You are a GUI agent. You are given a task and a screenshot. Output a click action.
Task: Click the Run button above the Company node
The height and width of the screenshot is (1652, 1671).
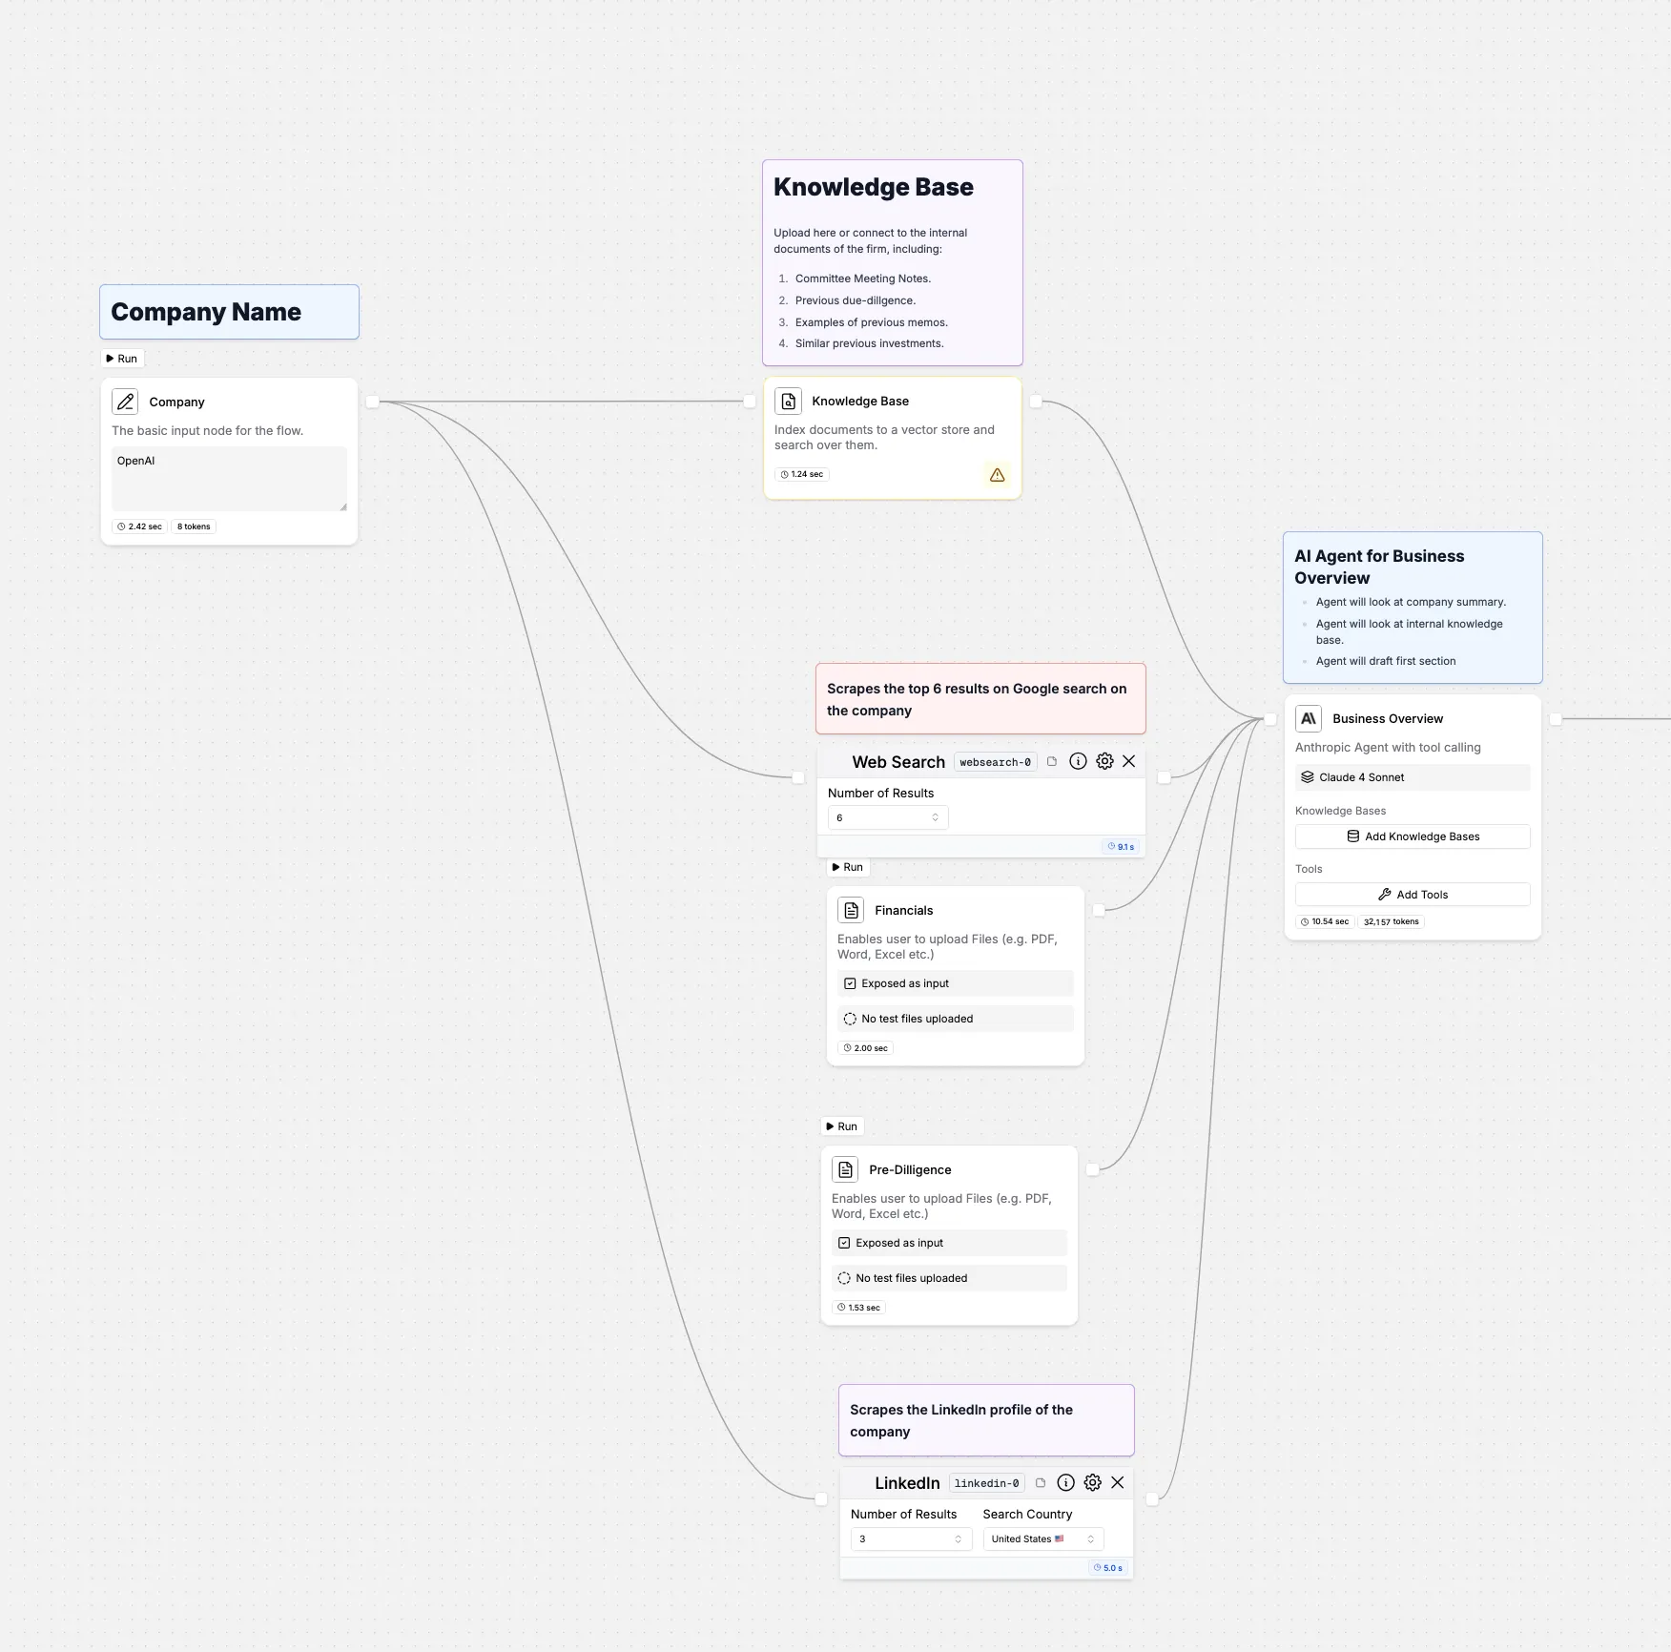(x=122, y=359)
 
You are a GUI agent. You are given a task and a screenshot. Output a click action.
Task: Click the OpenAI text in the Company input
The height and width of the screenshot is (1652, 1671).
(x=135, y=461)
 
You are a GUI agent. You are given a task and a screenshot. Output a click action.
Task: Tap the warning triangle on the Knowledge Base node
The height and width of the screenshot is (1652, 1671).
(x=997, y=475)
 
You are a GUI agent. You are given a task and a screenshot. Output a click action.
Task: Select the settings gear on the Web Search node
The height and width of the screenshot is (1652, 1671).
(x=1104, y=761)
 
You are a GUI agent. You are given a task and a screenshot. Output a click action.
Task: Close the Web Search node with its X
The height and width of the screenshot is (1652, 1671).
(x=1129, y=761)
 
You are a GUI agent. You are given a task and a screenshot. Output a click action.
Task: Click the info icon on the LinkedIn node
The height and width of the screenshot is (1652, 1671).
(x=1066, y=1482)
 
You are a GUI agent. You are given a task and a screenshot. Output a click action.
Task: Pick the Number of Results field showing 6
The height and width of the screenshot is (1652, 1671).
(x=888, y=817)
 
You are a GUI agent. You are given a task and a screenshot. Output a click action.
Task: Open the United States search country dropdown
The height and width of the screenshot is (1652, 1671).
(x=1043, y=1538)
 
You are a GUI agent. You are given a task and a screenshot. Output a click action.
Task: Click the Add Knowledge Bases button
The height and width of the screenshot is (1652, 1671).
(x=1413, y=836)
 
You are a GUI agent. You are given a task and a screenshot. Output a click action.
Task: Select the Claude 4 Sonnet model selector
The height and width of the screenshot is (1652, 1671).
(x=1413, y=777)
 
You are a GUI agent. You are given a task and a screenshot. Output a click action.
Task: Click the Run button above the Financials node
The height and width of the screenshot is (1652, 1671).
(x=848, y=867)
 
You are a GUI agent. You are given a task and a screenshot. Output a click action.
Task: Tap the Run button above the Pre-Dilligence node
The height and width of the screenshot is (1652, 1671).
(x=842, y=1126)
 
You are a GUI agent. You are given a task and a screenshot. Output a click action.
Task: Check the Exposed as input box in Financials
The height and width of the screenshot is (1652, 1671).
(x=850, y=983)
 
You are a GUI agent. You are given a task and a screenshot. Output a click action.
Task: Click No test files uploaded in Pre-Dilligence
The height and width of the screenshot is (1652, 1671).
(x=912, y=1278)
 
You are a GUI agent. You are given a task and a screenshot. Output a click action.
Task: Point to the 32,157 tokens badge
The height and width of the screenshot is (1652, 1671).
(x=1391, y=921)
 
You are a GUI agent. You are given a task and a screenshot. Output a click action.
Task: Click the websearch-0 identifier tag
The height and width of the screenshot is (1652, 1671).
(x=995, y=762)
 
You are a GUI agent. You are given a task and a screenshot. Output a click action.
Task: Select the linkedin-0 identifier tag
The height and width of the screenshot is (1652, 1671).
(x=986, y=1483)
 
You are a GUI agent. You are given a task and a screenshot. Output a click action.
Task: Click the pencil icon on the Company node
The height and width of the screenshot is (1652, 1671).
(x=125, y=402)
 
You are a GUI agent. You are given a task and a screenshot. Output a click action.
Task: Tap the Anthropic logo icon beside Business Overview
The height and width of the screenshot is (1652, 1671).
(x=1309, y=718)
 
